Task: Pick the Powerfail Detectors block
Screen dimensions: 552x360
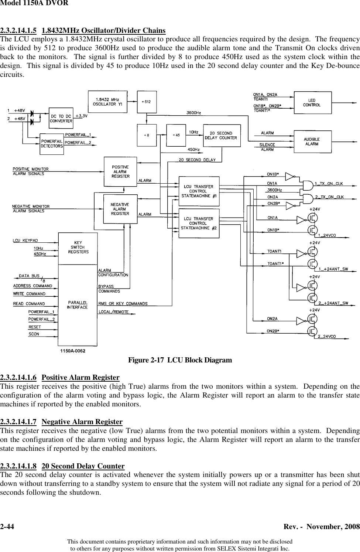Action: (52, 144)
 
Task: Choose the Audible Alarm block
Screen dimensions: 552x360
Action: (312, 142)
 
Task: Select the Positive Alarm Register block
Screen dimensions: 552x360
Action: (120, 172)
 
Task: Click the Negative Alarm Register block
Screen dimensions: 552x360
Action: (120, 209)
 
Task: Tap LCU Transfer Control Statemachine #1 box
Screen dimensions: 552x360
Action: (199, 191)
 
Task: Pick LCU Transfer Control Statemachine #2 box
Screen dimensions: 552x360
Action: (199, 224)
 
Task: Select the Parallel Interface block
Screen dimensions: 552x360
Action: (78, 305)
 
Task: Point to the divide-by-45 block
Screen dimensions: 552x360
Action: (176, 135)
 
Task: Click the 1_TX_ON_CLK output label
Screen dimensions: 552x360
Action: (329, 184)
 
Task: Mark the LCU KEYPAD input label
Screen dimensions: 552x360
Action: (25, 241)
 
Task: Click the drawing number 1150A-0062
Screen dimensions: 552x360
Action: (73, 351)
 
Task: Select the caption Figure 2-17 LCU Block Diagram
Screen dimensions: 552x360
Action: (180, 360)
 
